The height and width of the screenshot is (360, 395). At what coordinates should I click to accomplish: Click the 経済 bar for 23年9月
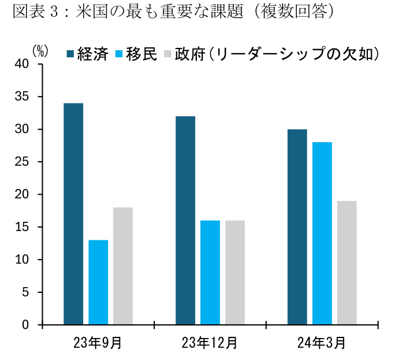point(73,214)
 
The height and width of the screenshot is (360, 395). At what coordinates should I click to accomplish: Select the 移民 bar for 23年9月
point(98,282)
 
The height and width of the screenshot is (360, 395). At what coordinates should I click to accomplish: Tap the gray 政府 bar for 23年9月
point(123,266)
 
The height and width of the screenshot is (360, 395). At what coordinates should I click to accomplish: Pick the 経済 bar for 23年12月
point(185,220)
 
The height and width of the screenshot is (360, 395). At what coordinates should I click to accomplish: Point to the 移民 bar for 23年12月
point(210,272)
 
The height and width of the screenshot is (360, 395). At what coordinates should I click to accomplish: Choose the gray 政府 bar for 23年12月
point(235,272)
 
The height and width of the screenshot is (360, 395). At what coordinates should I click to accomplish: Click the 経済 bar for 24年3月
point(297,227)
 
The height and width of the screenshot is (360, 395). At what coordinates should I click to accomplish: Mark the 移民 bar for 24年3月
point(322,233)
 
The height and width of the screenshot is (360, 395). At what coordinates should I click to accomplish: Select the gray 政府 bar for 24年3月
point(347,262)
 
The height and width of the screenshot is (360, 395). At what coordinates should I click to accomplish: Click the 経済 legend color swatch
point(71,54)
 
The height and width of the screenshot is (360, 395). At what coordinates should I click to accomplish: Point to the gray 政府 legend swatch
point(167,54)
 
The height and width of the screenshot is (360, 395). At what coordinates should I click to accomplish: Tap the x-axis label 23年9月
point(98,343)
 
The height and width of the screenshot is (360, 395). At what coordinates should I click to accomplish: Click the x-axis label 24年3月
point(322,343)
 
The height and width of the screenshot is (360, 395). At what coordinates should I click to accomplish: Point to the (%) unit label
point(39,51)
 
